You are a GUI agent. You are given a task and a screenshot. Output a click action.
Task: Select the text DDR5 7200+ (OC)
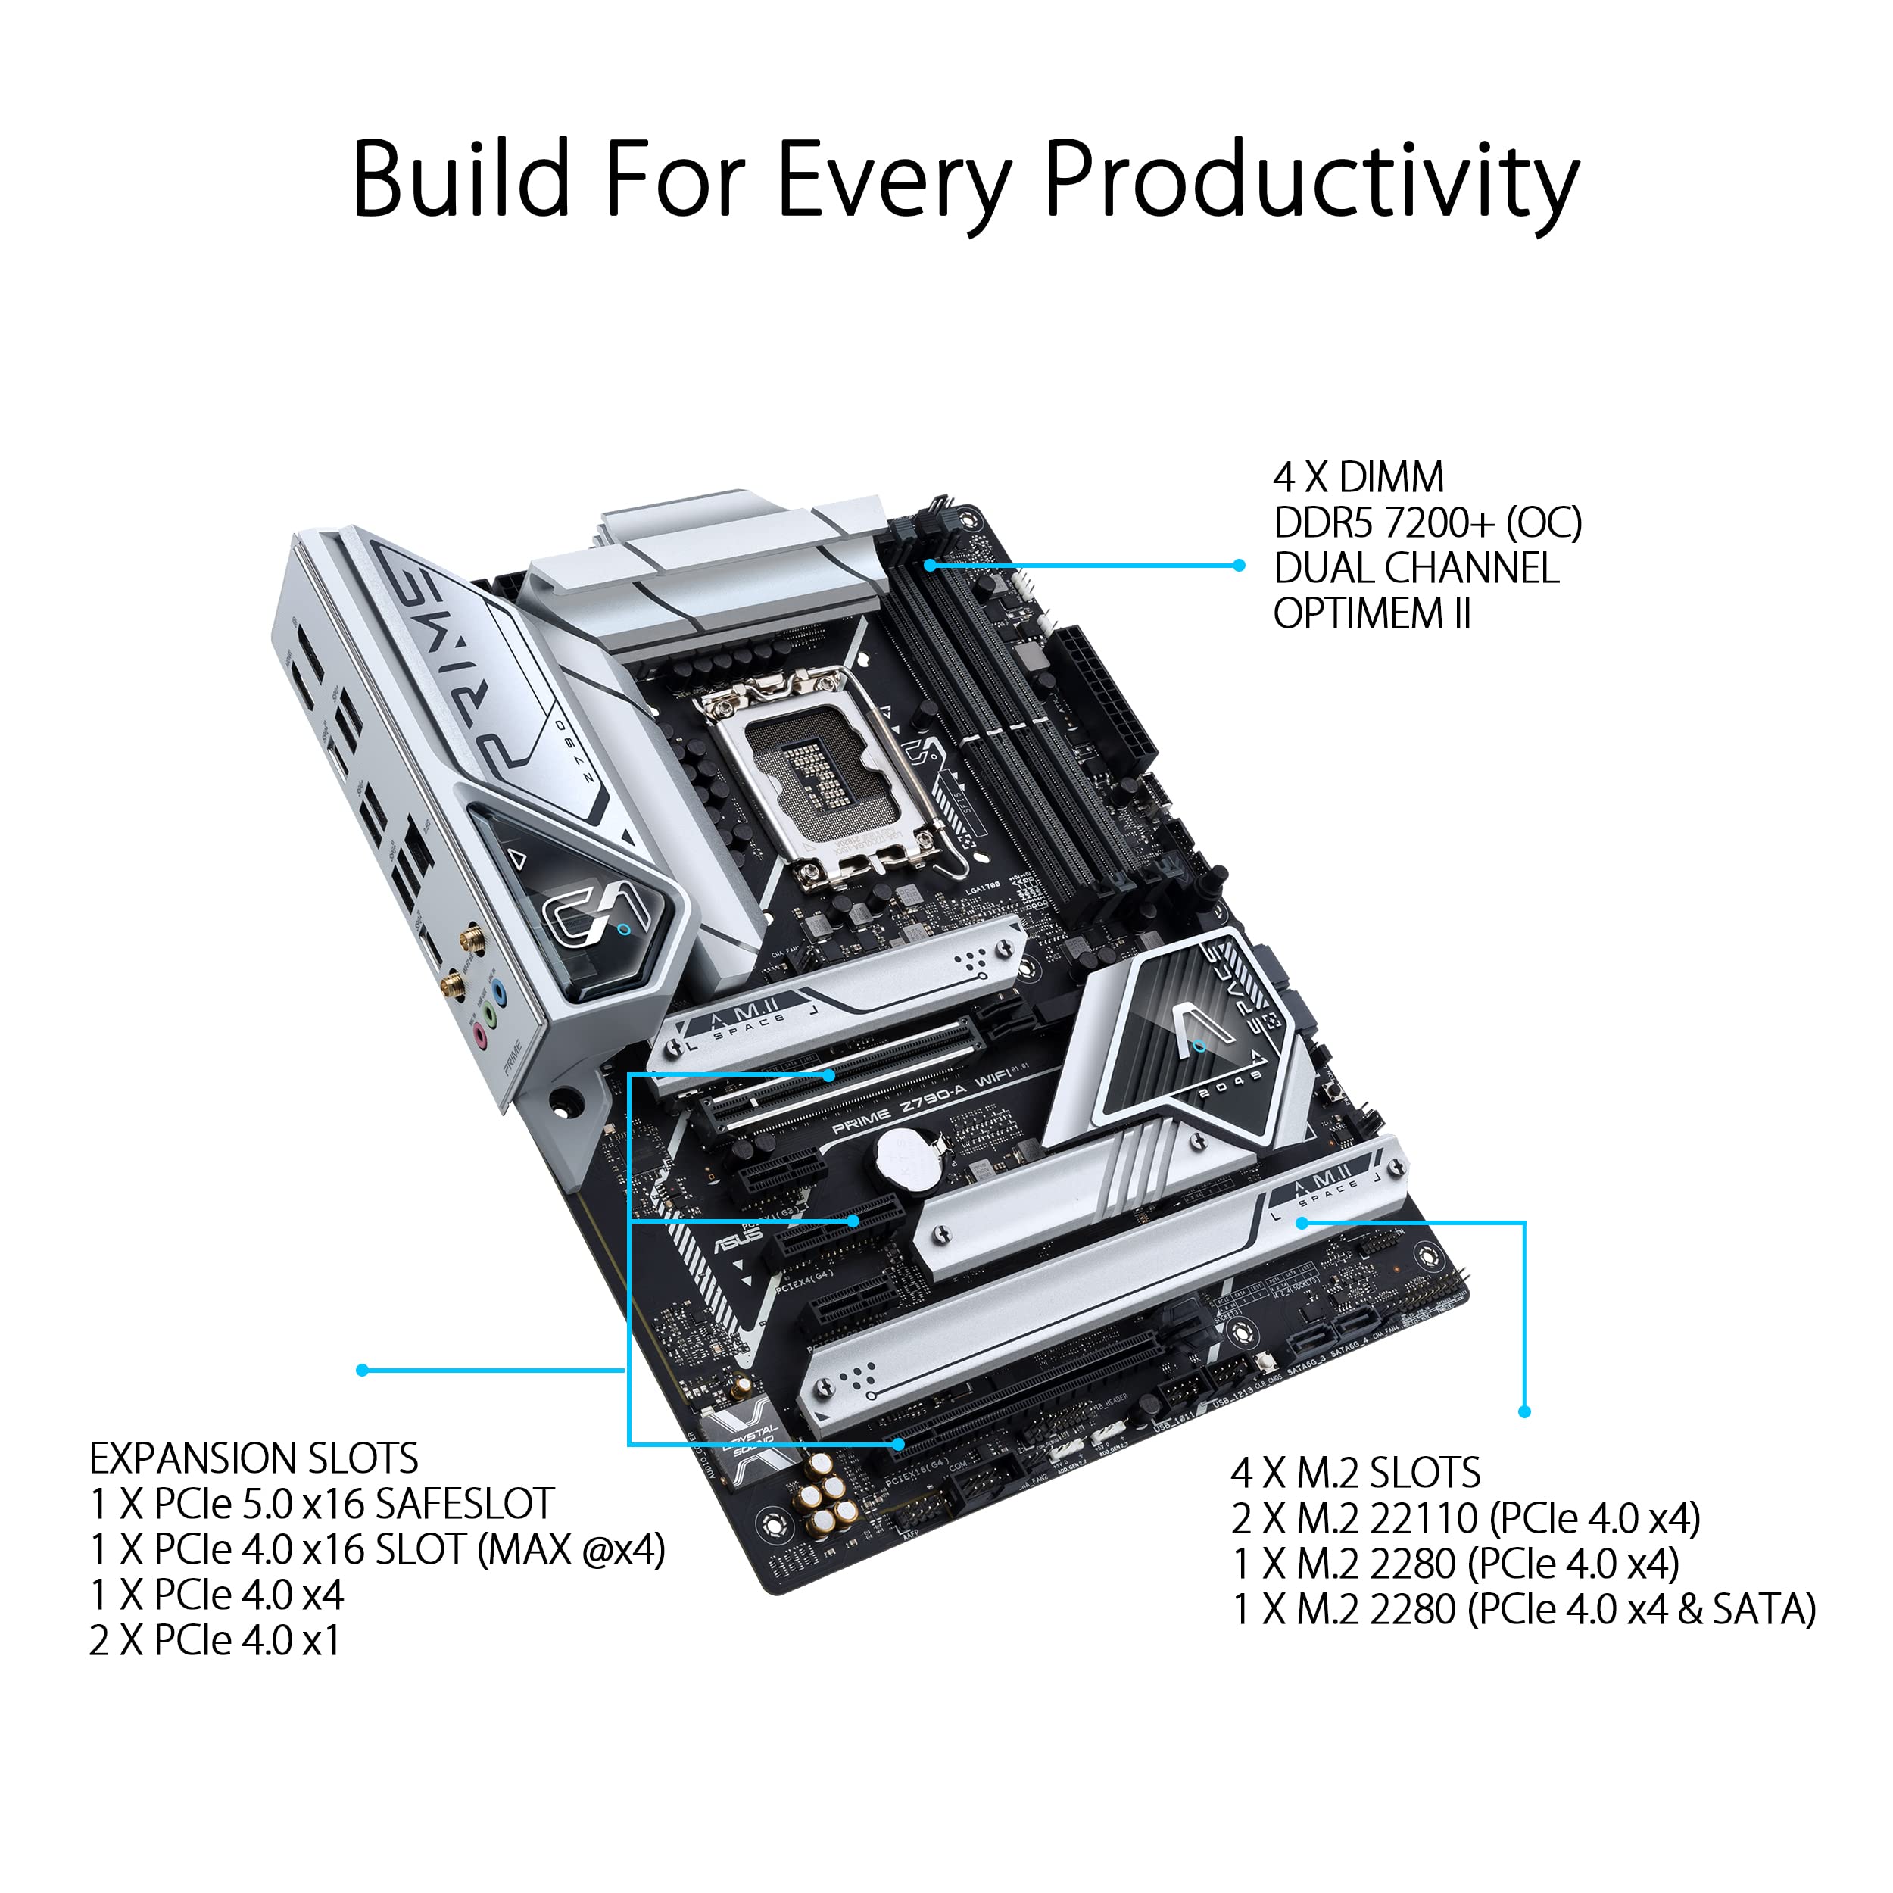click(x=1427, y=523)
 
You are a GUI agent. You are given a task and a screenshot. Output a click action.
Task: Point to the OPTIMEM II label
click(x=1372, y=614)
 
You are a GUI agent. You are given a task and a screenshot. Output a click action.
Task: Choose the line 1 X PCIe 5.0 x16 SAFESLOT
click(x=321, y=1504)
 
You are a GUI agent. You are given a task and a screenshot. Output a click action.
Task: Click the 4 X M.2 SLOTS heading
click(x=1355, y=1473)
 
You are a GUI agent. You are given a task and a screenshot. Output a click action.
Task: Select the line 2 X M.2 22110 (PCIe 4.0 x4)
click(x=1465, y=1519)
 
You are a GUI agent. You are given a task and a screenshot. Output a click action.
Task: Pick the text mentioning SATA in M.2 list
click(x=1523, y=1610)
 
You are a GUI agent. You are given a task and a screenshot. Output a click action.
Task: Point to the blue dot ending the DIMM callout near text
click(x=1240, y=566)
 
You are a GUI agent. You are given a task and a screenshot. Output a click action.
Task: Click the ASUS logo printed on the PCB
click(x=738, y=1237)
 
